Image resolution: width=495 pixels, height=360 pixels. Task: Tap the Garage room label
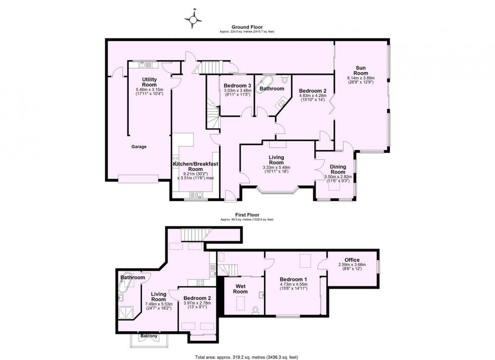tap(139, 147)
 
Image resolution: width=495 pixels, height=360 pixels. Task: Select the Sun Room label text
tap(360, 70)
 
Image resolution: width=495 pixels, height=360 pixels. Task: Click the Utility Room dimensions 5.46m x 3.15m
tap(149, 89)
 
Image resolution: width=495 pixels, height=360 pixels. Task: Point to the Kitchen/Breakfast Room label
tap(196, 166)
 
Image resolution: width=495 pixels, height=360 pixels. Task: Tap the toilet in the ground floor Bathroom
tap(284, 78)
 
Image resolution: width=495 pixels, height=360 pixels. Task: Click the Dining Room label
tap(338, 169)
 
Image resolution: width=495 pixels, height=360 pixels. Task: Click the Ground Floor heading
tap(247, 27)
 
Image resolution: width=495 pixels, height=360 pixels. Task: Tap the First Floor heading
tap(247, 215)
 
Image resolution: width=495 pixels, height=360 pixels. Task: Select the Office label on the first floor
tap(352, 260)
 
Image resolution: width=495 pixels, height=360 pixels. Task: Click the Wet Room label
tap(240, 289)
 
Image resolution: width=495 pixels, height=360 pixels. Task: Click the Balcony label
tap(148, 336)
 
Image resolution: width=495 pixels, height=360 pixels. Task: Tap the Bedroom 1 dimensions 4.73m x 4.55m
tap(294, 284)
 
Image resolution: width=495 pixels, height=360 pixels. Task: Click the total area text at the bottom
tap(247, 358)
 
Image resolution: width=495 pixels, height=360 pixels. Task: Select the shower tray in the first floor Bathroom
tap(126, 313)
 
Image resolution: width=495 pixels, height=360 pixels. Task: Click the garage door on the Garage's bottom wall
tap(138, 179)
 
